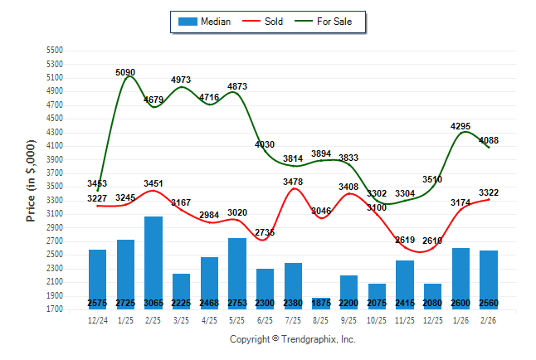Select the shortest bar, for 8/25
(321, 303)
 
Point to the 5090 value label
(125, 73)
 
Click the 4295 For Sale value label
(460, 126)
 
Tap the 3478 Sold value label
(293, 182)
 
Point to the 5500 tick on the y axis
(55, 51)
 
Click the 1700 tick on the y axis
(55, 309)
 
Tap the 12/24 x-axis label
(97, 320)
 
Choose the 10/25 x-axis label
(377, 320)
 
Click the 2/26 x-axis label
(489, 320)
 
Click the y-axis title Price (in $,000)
(31, 179)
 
